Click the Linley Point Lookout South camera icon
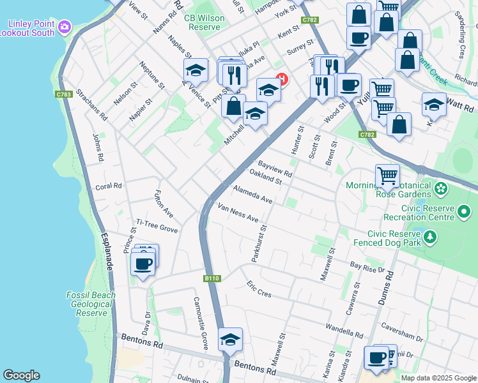[64, 27]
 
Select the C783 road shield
[64, 94]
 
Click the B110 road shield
[212, 278]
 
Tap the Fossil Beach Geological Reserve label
[91, 304]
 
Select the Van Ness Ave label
[238, 214]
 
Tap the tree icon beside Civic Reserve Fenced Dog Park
[431, 237]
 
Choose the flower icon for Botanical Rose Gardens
[441, 189]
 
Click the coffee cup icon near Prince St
[143, 264]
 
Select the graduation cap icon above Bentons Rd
[230, 340]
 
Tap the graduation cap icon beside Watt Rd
[434, 105]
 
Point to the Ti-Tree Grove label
[155, 228]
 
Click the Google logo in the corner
[21, 375]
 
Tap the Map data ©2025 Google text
[438, 378]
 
